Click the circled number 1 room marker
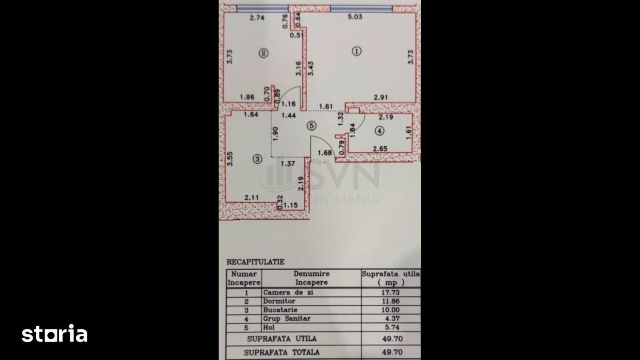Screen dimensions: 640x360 356,52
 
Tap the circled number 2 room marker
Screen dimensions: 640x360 264,53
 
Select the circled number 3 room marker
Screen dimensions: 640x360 258,159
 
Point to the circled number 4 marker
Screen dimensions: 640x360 379,131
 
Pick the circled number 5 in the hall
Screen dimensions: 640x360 312,126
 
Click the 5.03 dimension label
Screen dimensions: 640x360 355,17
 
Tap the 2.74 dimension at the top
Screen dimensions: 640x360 257,18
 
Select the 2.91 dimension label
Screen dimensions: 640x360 381,98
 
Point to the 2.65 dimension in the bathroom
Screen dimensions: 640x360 380,148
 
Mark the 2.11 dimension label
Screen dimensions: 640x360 252,198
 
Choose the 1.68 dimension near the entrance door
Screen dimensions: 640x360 325,153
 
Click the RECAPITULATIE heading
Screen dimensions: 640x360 256,262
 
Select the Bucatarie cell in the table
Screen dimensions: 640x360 276,310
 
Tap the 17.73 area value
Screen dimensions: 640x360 390,292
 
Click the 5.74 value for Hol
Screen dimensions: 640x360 392,327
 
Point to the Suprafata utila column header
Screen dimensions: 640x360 391,278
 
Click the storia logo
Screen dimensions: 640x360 54,333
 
